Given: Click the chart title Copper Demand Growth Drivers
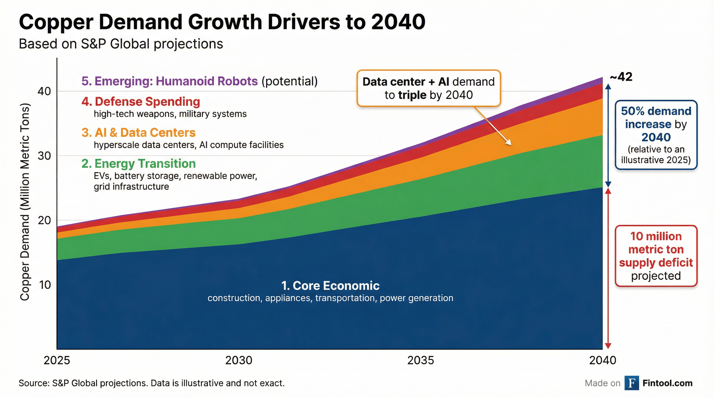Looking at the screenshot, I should (x=222, y=22).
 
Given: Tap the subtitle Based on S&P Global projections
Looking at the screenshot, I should (x=121, y=44).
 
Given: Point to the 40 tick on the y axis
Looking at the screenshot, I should (x=44, y=91).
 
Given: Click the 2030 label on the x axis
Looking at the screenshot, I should (x=239, y=360).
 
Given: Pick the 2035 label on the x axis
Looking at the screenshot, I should (x=421, y=360).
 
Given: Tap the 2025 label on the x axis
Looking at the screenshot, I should (x=57, y=360).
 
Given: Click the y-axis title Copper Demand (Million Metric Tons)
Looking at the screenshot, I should (x=25, y=202).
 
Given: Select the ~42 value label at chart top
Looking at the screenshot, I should (x=621, y=77).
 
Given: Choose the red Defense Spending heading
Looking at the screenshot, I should (x=141, y=102).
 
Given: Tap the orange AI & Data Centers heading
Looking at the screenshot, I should (x=139, y=133).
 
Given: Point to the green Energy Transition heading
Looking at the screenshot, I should (x=139, y=164).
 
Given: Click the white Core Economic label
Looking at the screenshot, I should (x=330, y=286).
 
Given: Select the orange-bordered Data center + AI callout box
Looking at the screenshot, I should (x=429, y=88).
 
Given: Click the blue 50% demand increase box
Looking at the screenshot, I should (x=656, y=135).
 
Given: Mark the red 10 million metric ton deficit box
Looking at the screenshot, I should (x=656, y=256).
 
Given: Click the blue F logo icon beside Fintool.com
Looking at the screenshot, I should (x=632, y=383).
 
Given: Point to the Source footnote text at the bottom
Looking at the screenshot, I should (x=152, y=383).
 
